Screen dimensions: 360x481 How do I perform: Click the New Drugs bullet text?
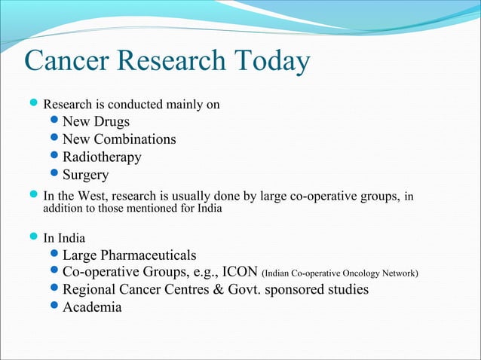pos(96,121)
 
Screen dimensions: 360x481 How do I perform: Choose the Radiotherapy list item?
pos(102,157)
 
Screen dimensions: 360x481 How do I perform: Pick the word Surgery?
pos(85,175)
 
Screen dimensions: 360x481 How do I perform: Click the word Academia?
pos(92,307)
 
